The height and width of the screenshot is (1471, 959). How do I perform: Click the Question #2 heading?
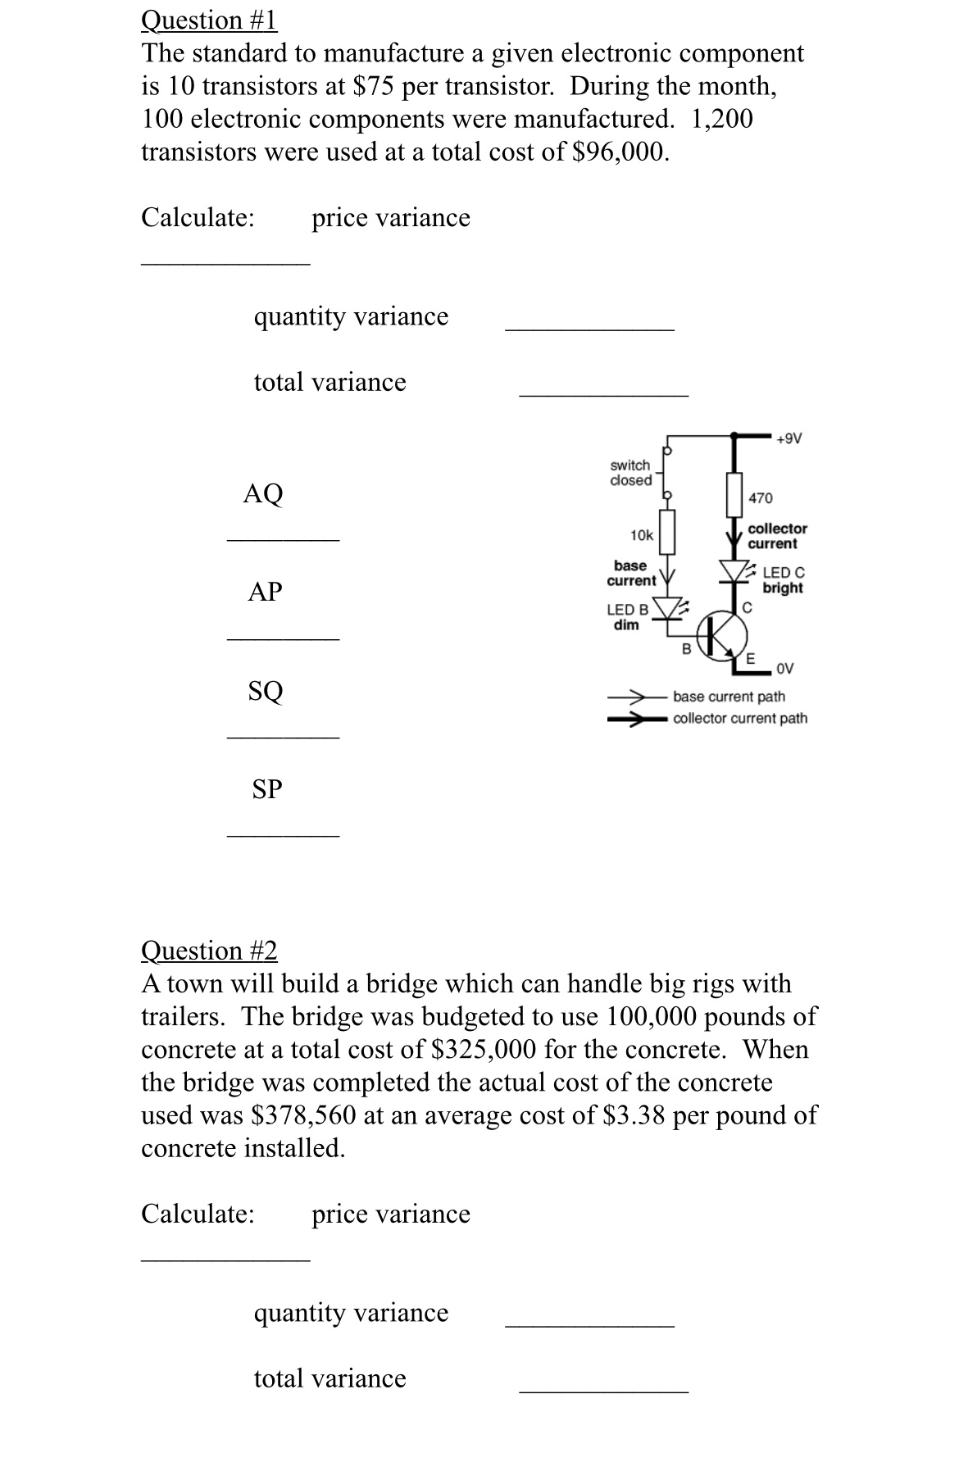pos(209,951)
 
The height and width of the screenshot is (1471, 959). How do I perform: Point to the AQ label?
pos(263,493)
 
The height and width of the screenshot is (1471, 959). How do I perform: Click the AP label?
pos(265,592)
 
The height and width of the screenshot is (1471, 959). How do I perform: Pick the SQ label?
pos(266,691)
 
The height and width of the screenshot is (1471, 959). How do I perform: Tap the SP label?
pos(266,789)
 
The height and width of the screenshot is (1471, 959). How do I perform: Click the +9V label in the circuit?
pos(789,438)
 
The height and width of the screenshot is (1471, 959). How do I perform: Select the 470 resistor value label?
pos(760,498)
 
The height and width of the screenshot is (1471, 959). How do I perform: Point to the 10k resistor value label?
pos(641,535)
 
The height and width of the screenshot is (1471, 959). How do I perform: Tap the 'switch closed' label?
pos(630,473)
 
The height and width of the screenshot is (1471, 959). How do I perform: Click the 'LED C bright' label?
pos(783,580)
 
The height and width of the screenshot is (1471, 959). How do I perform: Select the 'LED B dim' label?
pos(627,617)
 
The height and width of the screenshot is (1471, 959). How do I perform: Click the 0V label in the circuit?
pos(784,669)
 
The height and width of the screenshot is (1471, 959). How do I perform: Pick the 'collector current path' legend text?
pos(739,719)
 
